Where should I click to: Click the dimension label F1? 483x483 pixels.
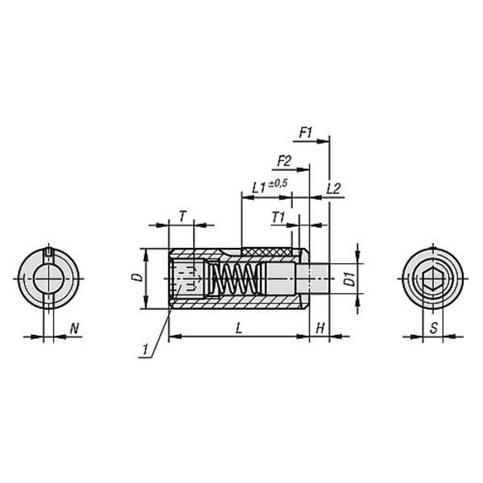click(x=306, y=133)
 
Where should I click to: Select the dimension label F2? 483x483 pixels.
click(x=284, y=161)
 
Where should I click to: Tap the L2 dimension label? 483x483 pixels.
click(x=333, y=188)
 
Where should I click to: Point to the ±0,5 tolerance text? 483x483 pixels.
click(x=278, y=184)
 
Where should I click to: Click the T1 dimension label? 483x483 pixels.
click(x=279, y=218)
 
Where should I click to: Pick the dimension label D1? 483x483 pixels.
click(x=349, y=279)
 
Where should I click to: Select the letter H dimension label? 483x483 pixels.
click(x=320, y=328)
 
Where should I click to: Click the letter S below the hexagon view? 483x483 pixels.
click(x=433, y=328)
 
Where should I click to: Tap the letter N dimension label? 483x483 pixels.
click(x=74, y=328)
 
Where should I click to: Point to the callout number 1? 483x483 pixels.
click(x=144, y=349)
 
